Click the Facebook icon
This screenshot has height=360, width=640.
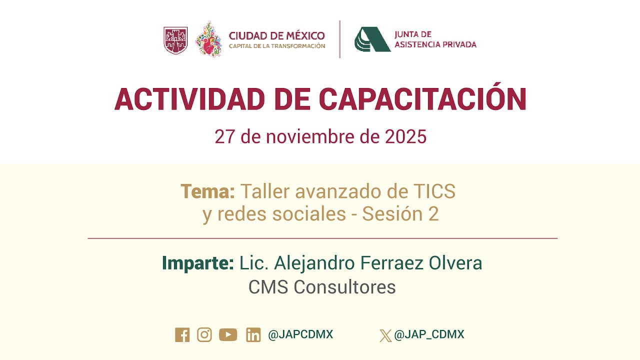pyautogui.click(x=182, y=335)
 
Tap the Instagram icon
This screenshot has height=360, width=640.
pyautogui.click(x=204, y=335)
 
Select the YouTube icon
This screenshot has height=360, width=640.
pyautogui.click(x=228, y=335)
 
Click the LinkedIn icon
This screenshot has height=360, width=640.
pyautogui.click(x=253, y=335)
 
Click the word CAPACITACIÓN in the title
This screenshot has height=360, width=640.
pyautogui.click(x=422, y=99)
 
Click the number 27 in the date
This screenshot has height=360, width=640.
pyautogui.click(x=224, y=136)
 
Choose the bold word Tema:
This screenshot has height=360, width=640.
pyautogui.click(x=207, y=191)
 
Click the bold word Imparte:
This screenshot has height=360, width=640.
pyautogui.click(x=197, y=263)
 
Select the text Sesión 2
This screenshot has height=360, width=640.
pyautogui.click(x=400, y=214)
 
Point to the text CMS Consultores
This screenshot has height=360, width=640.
pyautogui.click(x=322, y=287)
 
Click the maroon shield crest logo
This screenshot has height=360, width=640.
pyautogui.click(x=175, y=40)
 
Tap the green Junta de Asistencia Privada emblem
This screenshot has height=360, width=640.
pyautogui.click(x=372, y=39)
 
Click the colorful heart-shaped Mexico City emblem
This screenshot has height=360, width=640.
pyautogui.click(x=209, y=39)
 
